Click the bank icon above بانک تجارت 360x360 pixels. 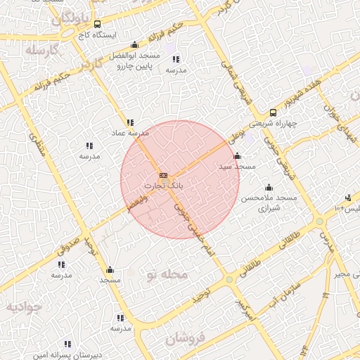(x=163, y=175)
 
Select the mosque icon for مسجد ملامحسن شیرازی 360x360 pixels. (x=269, y=188)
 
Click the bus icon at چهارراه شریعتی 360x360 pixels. (x=274, y=112)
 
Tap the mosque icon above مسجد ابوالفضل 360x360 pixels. (x=135, y=45)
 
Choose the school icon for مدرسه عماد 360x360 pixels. (x=129, y=122)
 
